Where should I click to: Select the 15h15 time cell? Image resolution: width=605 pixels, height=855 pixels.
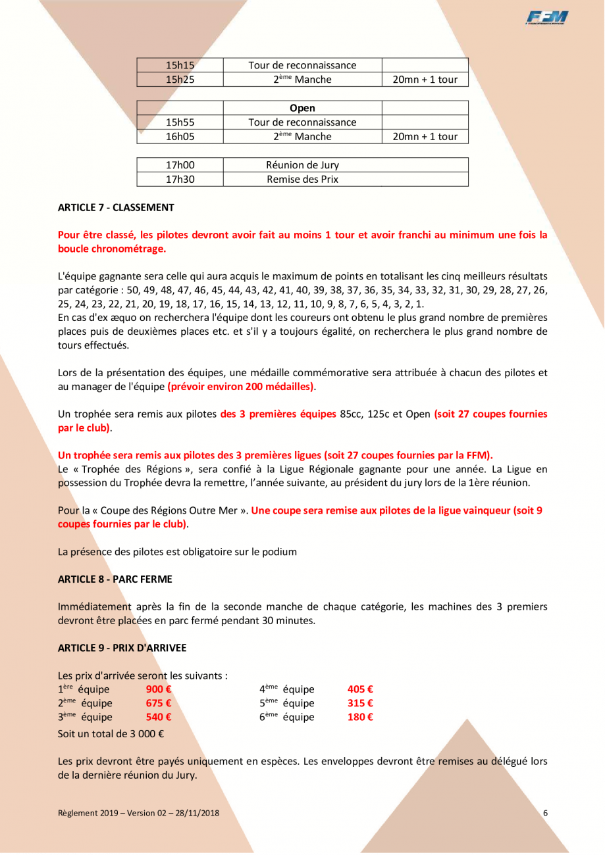click(x=180, y=65)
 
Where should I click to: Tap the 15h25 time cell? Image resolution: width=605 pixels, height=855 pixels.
click(x=180, y=80)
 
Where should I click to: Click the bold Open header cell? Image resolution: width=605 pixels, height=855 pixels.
click(x=302, y=108)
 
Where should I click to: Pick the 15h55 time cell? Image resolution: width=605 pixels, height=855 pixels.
click(x=180, y=122)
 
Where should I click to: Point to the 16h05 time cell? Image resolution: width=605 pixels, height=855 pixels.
click(x=180, y=137)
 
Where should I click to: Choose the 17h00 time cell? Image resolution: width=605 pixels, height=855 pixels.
click(x=180, y=165)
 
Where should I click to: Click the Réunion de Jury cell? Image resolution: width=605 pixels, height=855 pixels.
click(x=302, y=165)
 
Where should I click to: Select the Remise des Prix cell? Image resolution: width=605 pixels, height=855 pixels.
click(x=302, y=180)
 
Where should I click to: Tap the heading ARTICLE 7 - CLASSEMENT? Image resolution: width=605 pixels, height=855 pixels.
click(x=116, y=208)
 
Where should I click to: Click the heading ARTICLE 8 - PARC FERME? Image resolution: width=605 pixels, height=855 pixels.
click(x=115, y=579)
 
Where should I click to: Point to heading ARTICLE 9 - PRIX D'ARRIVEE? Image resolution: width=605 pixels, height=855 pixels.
click(x=122, y=648)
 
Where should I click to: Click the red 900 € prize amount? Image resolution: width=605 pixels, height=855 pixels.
click(x=158, y=690)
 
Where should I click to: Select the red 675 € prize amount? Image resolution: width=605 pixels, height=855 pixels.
click(x=158, y=704)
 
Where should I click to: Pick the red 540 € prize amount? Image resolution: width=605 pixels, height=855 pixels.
click(x=158, y=718)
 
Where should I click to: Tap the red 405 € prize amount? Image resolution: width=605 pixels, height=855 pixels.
click(x=360, y=690)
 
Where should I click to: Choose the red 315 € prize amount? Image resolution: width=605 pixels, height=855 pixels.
click(x=360, y=704)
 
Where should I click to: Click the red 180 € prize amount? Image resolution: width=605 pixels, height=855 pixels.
click(x=360, y=718)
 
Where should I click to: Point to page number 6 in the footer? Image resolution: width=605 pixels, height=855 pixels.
click(x=546, y=813)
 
